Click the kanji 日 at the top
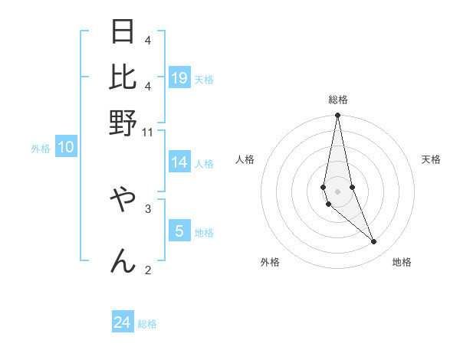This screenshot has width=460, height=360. click(x=123, y=33)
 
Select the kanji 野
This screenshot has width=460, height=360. click(x=123, y=122)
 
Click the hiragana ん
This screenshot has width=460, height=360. click(x=123, y=260)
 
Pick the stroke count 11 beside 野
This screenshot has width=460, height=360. click(x=148, y=132)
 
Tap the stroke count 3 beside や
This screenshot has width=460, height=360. click(x=148, y=208)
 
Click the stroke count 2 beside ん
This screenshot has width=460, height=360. click(x=148, y=269)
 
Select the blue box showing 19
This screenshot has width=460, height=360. click(x=179, y=77)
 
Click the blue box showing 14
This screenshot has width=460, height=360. click(x=179, y=162)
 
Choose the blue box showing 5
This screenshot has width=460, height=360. click(x=179, y=231)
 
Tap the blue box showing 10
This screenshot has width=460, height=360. click(x=66, y=147)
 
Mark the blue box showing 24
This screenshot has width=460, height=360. click(x=123, y=322)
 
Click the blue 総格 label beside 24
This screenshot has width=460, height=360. click(x=147, y=324)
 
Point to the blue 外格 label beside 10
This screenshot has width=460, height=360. click(x=41, y=149)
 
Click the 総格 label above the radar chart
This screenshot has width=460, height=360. click(x=338, y=100)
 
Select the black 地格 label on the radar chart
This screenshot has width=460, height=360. click(x=402, y=262)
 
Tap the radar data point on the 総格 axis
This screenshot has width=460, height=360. click(x=337, y=116)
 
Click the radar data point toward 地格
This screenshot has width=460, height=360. click(x=374, y=242)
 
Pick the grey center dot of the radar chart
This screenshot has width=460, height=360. click(x=337, y=191)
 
